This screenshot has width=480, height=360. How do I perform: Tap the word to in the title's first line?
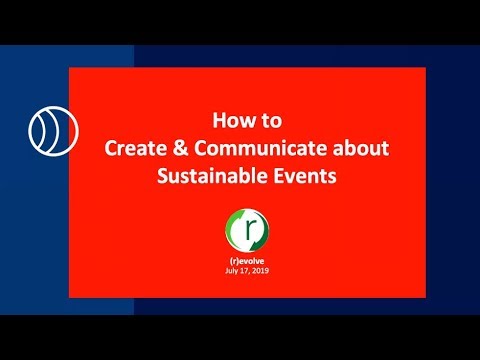pos(271,121)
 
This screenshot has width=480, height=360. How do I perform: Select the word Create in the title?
pos(135,148)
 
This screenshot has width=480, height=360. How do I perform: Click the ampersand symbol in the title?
pos(180,148)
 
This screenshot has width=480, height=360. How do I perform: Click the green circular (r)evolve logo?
pos(247,230)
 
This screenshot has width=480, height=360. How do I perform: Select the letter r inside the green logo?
pos(248,230)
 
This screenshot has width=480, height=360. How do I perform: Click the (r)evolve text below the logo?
pos(247,262)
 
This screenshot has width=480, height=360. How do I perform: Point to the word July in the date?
pos(232,271)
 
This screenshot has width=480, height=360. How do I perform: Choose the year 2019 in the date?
pos(260,271)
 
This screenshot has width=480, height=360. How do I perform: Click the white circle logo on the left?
pos(53,131)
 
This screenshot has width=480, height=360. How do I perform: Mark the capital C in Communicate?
pos(201,148)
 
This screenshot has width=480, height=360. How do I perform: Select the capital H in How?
pos(219,120)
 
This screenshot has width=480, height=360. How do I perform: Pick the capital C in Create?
pos(111,148)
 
